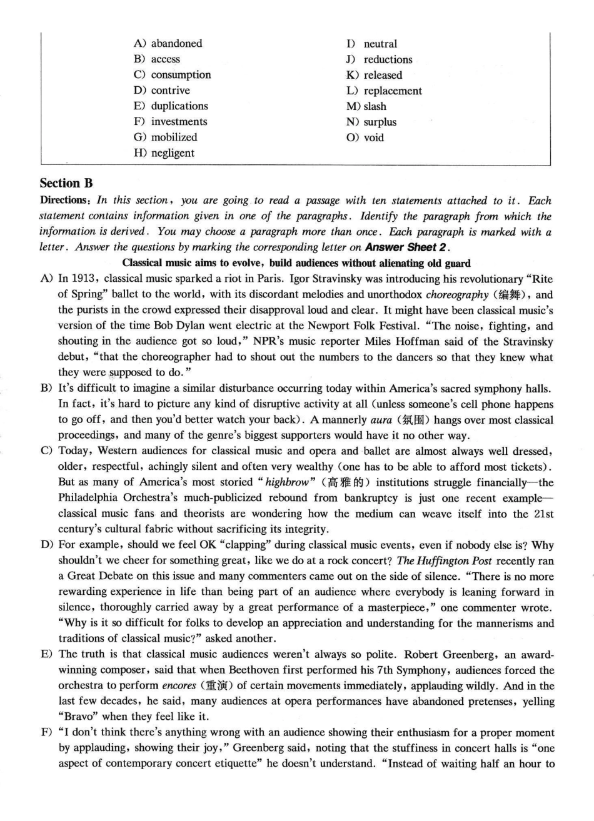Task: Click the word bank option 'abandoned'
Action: (x=176, y=44)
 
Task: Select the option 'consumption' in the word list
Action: (x=181, y=75)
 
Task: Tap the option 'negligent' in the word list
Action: (x=173, y=153)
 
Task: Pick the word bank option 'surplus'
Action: (x=380, y=122)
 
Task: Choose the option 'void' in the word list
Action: (x=374, y=138)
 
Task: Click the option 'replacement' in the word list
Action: (x=393, y=91)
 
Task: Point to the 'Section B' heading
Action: (x=66, y=183)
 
